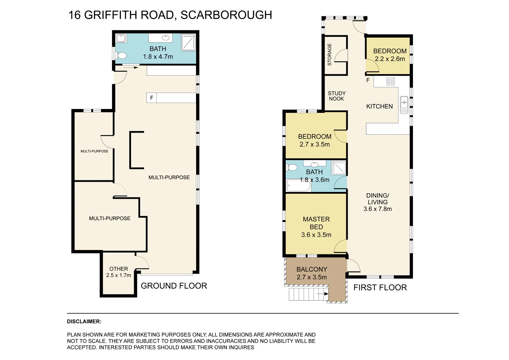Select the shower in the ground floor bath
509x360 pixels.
(x=189, y=42)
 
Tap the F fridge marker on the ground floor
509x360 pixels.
(x=151, y=98)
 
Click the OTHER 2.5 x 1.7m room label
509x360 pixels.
(x=118, y=272)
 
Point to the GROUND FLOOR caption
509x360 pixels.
(x=174, y=286)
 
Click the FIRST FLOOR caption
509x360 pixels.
(x=380, y=287)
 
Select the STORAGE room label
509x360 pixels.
(x=329, y=54)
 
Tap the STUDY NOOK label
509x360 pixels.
(x=336, y=96)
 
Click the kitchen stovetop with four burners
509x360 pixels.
(x=390, y=81)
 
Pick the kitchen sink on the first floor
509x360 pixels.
(x=404, y=104)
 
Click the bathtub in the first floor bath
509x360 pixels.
(x=299, y=186)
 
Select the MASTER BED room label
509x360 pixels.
(x=316, y=227)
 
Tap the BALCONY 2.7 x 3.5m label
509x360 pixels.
(x=312, y=273)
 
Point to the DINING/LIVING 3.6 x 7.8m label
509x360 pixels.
(x=377, y=202)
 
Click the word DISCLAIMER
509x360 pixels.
(x=84, y=322)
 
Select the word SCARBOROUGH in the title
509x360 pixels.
(x=226, y=15)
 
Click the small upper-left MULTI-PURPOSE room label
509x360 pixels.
(x=94, y=151)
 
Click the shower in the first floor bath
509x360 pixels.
(x=338, y=167)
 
